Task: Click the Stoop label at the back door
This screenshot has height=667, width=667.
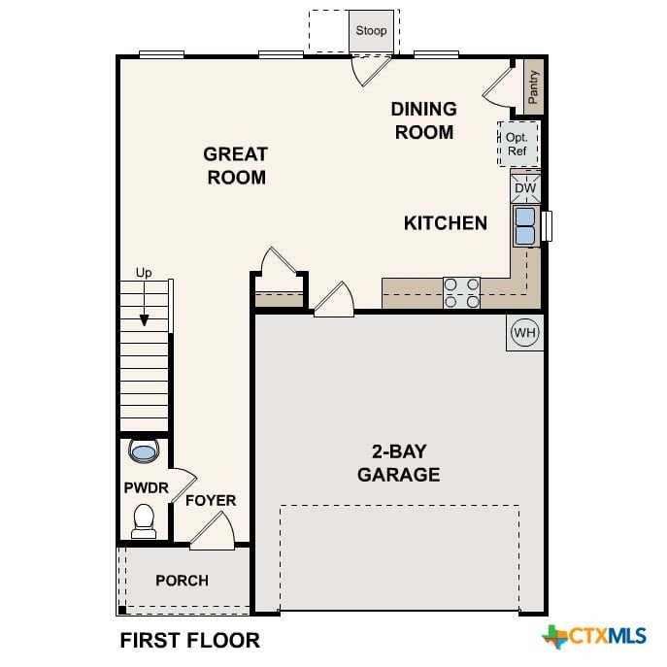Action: point(371,31)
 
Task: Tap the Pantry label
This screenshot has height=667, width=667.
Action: point(533,87)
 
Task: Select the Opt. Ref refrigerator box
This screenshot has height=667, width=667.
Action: point(517,144)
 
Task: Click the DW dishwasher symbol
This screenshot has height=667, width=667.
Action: point(525,187)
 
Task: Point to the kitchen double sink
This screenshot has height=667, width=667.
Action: point(526,226)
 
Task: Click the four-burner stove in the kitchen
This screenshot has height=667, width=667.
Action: point(461,292)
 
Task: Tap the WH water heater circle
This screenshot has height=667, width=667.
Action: point(525,332)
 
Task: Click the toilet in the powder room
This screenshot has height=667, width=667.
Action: point(144,521)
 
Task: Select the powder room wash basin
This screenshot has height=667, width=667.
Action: point(144,451)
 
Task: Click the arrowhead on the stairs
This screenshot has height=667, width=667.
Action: point(145,320)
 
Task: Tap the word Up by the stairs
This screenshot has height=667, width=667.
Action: point(144,273)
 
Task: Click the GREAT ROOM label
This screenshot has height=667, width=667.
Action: point(236,165)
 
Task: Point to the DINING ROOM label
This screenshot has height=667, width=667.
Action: point(424,120)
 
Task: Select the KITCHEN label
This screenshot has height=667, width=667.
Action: point(446,223)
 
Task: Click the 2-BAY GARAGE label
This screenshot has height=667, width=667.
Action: point(399,463)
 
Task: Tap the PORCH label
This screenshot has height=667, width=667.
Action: point(183,581)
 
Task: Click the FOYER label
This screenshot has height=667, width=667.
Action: point(211,500)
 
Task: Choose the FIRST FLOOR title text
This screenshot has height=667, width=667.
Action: point(190,640)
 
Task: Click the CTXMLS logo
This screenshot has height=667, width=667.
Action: point(594,637)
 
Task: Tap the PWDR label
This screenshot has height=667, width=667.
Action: point(147,487)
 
